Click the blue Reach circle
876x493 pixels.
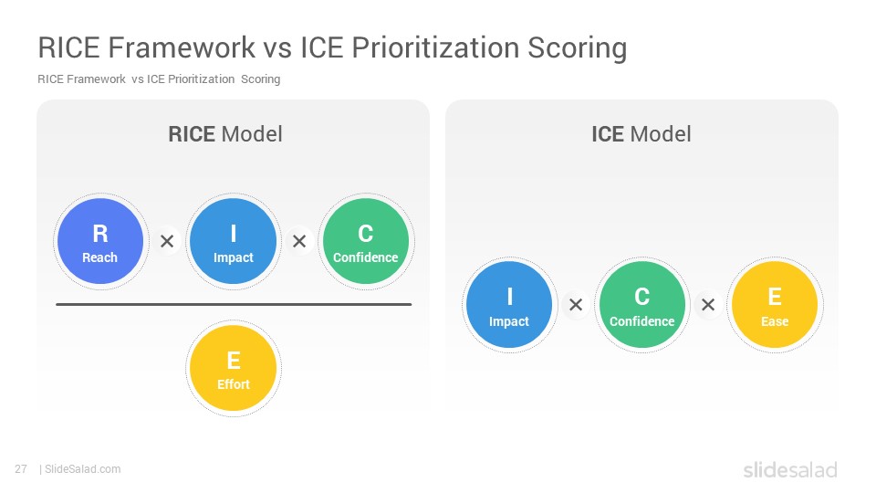[x=100, y=241]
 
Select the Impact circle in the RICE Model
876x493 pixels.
[x=233, y=241]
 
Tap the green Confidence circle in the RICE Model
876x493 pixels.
[x=366, y=241]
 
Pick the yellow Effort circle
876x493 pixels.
[x=233, y=368]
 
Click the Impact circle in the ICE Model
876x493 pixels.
[x=509, y=305]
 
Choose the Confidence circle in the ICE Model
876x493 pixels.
[x=641, y=305]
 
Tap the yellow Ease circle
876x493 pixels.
[x=775, y=305]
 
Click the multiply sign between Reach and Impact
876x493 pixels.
[x=167, y=241]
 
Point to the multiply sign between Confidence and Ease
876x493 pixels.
[x=708, y=305]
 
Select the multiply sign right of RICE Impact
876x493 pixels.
[x=299, y=241]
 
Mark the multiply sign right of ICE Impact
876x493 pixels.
[x=576, y=305]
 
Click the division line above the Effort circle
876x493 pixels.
[x=234, y=305]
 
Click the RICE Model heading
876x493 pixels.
[x=225, y=134]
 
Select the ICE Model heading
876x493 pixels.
[x=641, y=134]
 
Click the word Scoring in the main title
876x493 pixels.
[x=577, y=48]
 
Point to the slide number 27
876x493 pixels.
[x=21, y=469]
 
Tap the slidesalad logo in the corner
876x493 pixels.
[x=790, y=469]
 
